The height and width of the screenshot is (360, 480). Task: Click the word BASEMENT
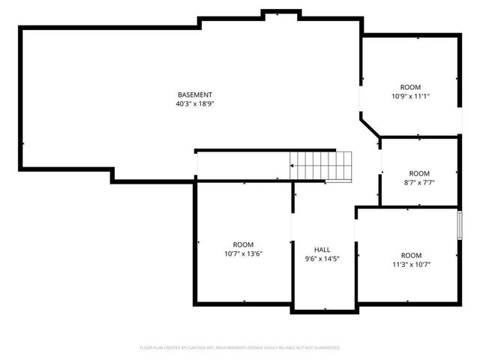[x=194, y=94]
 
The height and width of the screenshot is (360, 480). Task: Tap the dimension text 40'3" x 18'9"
[x=194, y=104]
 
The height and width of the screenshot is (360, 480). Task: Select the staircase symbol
[x=321, y=165]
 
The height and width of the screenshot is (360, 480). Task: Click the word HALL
[x=322, y=250]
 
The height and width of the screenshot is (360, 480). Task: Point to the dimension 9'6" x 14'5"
[x=322, y=259]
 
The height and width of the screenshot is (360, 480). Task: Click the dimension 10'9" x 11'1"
[x=410, y=96]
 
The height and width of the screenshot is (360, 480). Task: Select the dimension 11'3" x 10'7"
[x=411, y=264]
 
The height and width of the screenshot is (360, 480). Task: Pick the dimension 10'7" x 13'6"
[x=243, y=253]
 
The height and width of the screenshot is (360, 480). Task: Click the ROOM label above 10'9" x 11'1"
[x=410, y=87]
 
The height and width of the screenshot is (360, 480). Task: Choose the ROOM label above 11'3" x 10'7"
[x=411, y=255]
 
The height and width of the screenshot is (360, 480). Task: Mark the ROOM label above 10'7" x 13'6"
[x=243, y=244]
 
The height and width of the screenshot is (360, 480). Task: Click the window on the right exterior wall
[x=459, y=226]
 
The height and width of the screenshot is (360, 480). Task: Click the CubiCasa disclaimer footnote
[x=240, y=348]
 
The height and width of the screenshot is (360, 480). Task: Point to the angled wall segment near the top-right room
[x=370, y=125]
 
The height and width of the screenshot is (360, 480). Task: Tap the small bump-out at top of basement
[x=281, y=13]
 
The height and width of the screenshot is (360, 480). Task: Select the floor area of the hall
[x=322, y=281]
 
